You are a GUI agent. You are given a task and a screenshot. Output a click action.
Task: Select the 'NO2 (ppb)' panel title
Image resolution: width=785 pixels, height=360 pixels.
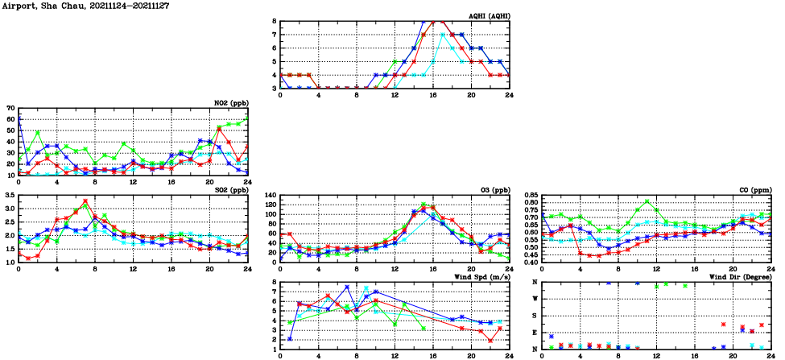point(228,103)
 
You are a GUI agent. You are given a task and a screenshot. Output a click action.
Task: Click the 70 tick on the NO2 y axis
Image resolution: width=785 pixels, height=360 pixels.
point(10,108)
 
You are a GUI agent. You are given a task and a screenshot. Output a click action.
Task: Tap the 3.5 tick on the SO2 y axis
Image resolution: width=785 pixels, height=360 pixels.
point(8,195)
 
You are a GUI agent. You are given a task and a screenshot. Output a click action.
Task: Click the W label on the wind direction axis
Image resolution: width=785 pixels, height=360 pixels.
point(535,299)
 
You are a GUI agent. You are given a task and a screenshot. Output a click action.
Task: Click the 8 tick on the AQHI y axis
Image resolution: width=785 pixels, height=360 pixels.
point(274,21)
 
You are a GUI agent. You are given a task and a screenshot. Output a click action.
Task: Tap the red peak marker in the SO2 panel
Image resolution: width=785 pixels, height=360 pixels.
point(85,201)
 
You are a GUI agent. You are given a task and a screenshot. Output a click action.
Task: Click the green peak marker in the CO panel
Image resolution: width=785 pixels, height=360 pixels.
point(647,201)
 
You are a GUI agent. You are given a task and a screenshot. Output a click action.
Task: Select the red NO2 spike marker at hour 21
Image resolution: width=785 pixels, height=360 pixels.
point(219,128)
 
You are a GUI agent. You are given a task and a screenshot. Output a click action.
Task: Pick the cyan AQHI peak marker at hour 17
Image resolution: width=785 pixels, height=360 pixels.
point(443,35)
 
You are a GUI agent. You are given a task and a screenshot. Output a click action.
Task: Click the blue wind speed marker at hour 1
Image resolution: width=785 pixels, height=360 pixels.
point(290,339)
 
